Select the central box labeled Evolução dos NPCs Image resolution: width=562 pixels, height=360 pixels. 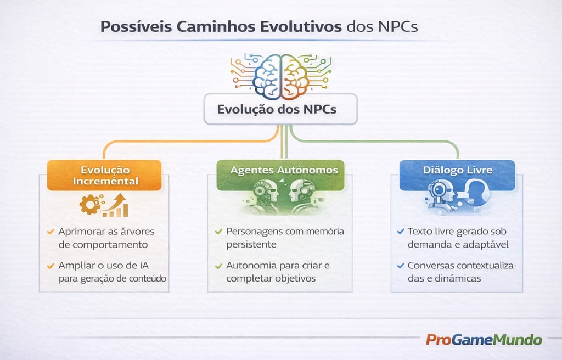[x=280, y=109]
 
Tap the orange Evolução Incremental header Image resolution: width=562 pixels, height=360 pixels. [x=104, y=175]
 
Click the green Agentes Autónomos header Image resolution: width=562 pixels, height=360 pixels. [x=280, y=171]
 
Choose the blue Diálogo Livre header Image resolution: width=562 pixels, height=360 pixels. [x=457, y=170]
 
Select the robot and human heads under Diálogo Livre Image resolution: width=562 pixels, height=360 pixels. [x=457, y=196]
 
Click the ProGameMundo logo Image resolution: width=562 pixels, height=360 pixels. [x=484, y=340]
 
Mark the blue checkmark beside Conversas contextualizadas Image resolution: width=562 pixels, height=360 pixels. [x=400, y=266]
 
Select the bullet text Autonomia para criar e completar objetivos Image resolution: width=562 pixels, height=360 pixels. [x=278, y=272]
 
